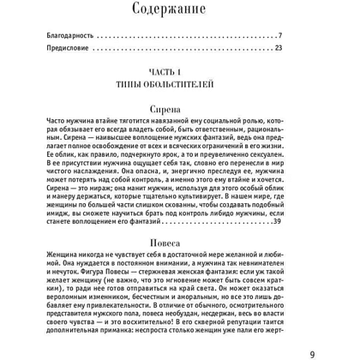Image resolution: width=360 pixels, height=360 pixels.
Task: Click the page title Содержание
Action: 181,11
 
